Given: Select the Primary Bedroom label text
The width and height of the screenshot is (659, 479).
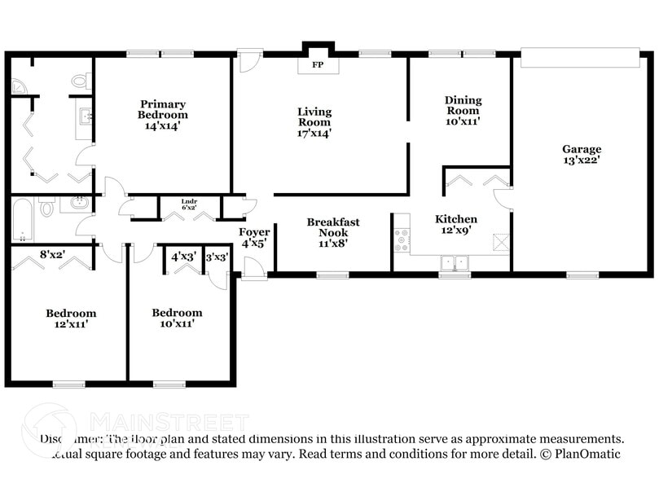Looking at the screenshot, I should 162,104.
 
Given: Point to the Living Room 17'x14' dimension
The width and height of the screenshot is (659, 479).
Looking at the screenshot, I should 314,134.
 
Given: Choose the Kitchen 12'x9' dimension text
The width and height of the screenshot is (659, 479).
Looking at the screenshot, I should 456,231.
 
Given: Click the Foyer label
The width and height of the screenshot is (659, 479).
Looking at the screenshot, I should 254,232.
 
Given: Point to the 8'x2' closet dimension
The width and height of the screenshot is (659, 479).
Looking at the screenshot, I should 53,254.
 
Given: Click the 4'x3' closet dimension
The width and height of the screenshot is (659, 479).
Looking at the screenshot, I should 183,257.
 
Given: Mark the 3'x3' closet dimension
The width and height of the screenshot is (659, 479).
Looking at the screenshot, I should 217,257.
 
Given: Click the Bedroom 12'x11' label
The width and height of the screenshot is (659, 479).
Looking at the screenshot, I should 70,319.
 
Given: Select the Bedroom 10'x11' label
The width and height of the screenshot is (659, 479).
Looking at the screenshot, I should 177,319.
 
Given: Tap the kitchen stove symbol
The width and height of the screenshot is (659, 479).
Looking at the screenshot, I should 402,239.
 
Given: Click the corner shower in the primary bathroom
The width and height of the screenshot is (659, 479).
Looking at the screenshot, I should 19,85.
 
